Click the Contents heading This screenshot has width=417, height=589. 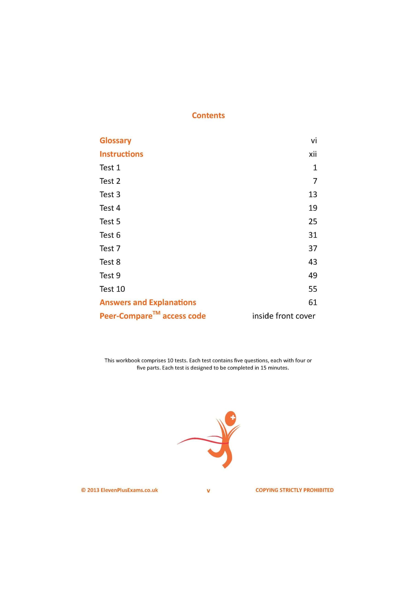208,115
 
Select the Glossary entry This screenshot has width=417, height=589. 115,141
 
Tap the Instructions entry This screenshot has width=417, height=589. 121,154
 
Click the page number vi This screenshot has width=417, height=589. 314,141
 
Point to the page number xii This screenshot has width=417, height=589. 313,154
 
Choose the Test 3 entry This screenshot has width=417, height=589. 110,194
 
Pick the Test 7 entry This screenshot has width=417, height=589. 110,248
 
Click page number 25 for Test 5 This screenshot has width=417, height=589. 313,221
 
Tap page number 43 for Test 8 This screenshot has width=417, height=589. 313,262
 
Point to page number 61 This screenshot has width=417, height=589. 313,303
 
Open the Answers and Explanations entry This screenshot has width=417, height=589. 148,303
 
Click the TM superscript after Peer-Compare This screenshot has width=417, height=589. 156,313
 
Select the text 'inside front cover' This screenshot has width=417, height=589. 283,316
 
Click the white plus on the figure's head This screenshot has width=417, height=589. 233,417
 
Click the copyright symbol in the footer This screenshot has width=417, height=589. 83,490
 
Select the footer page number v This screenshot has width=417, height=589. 208,491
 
